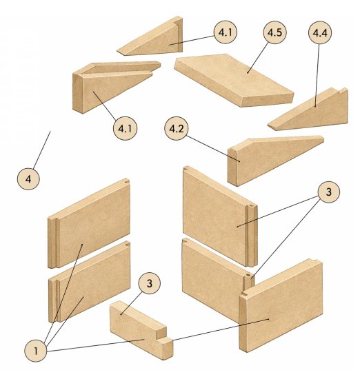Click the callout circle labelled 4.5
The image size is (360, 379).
(274, 32)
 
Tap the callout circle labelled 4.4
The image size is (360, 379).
(320, 32)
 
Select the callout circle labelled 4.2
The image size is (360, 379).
(177, 128)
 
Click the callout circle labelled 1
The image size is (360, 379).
(36, 351)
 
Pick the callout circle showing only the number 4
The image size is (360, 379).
(28, 179)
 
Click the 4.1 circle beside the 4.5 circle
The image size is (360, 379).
(226, 32)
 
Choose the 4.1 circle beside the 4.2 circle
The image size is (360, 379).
(125, 128)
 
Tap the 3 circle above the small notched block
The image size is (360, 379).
(149, 283)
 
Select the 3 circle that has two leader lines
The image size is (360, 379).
(328, 192)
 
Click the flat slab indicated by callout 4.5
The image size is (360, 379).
(234, 80)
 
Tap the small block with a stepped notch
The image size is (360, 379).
(141, 329)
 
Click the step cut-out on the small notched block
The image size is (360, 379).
(161, 332)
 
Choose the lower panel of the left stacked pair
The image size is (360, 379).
(89, 282)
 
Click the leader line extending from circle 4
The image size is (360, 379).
(41, 150)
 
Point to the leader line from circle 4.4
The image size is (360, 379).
(317, 75)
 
